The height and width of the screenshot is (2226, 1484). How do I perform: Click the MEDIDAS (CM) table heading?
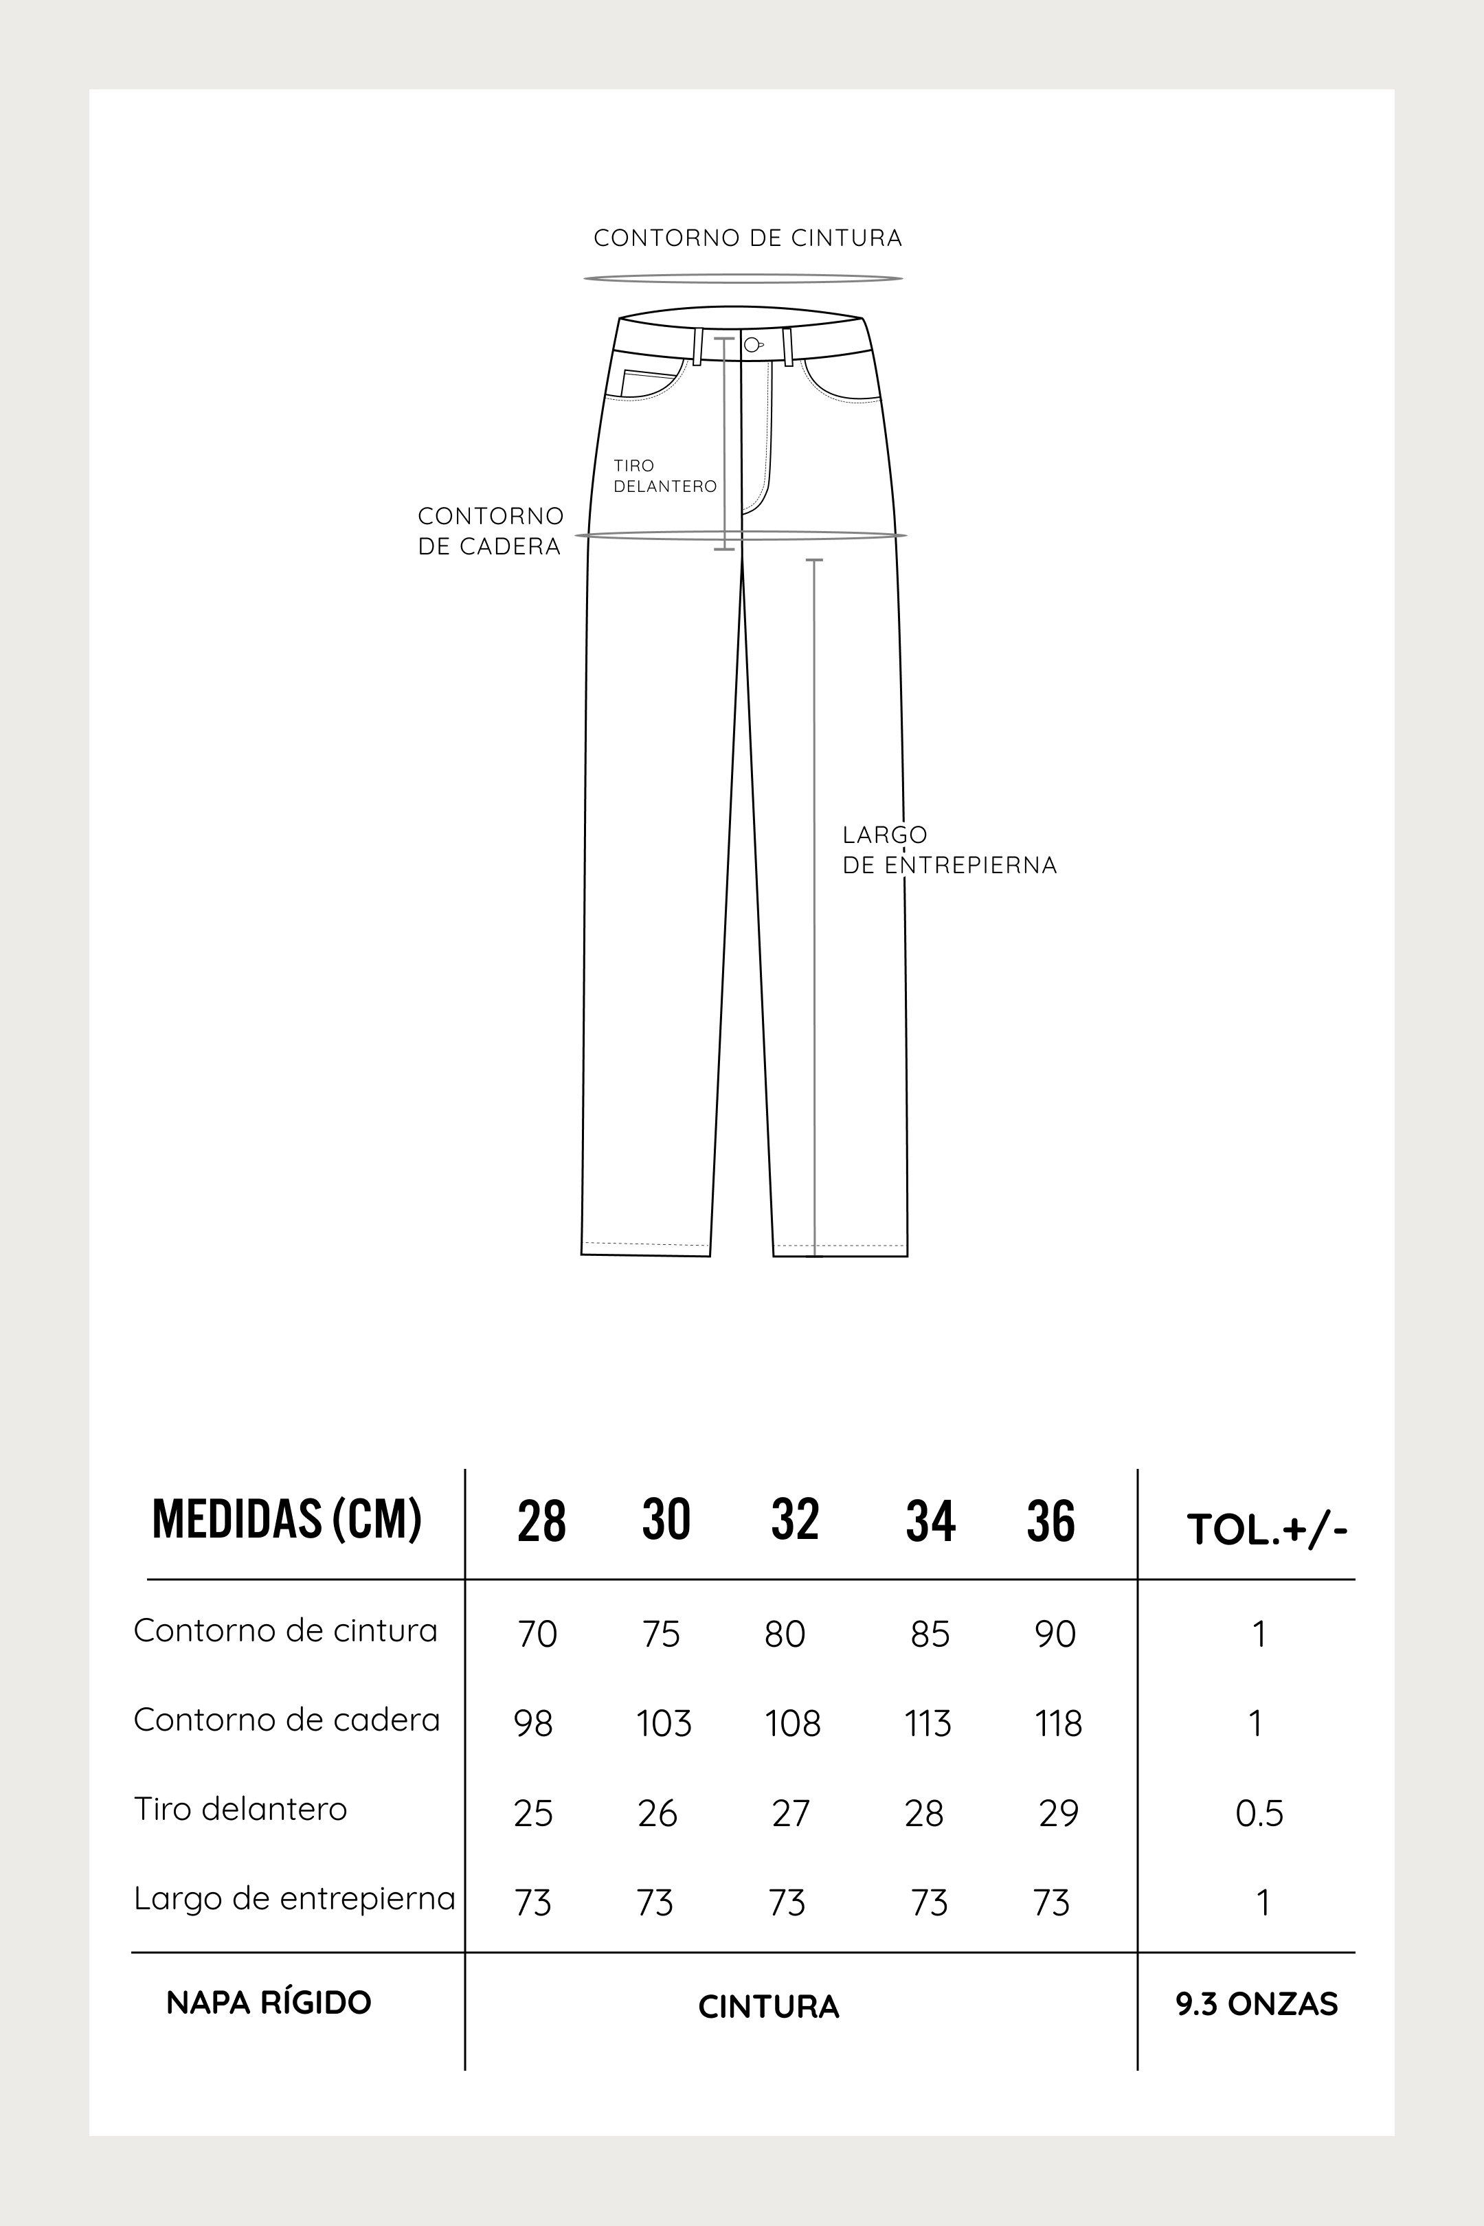click(286, 1519)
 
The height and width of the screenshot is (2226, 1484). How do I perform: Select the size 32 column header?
click(794, 1519)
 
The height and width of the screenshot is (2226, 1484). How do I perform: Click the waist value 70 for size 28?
click(537, 1634)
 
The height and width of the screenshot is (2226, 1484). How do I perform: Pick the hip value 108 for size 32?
click(792, 1724)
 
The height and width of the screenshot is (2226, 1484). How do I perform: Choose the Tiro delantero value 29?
click(1058, 1813)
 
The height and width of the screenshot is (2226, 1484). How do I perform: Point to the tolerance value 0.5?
click(1259, 1813)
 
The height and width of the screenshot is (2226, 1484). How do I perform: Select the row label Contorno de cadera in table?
click(286, 1720)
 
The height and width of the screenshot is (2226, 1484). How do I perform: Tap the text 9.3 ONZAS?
click(1257, 2003)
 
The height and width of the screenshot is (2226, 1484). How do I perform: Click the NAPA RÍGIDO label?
click(269, 2003)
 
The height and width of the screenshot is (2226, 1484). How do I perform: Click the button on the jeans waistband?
click(752, 344)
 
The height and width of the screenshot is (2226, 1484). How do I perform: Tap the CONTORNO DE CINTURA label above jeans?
click(747, 238)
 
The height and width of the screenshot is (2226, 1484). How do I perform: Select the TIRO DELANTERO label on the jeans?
click(664, 476)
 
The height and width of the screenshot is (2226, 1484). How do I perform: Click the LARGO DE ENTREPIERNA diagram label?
click(948, 850)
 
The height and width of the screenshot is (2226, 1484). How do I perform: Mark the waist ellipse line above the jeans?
click(743, 278)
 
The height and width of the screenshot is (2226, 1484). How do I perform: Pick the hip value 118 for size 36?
click(1058, 1724)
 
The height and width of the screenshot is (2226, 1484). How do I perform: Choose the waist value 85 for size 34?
click(930, 1634)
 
